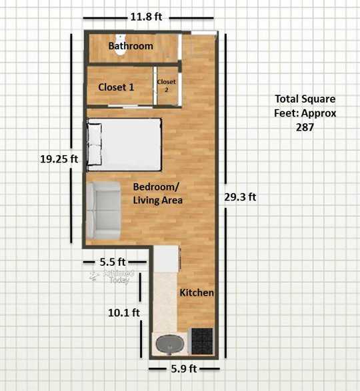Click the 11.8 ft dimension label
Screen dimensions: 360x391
pos(146,17)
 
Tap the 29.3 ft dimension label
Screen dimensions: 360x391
pos(240,197)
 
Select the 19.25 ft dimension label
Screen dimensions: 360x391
pos(59,159)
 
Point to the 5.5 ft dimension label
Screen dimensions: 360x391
pos(113,262)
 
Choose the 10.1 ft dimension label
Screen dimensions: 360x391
pos(124,312)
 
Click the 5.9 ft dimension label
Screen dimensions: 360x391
pos(184,368)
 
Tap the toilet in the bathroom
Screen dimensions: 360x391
pos(120,45)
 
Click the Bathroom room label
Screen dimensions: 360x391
pos(131,46)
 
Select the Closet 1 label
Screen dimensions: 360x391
pos(116,87)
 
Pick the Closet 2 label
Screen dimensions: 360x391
pos(166,85)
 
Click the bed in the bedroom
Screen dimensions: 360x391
pos(124,145)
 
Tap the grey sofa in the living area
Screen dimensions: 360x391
pos(103,210)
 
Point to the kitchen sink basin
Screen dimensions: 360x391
pos(170,344)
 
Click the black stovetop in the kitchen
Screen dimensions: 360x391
pos(202,341)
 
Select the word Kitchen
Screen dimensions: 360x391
pos(197,293)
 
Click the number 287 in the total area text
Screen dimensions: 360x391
pos(305,127)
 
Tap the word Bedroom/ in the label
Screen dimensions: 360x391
pos(156,187)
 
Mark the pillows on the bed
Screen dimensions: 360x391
pos(95,144)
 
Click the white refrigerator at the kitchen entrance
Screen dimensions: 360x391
pos(166,259)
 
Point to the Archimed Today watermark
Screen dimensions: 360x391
pos(113,276)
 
